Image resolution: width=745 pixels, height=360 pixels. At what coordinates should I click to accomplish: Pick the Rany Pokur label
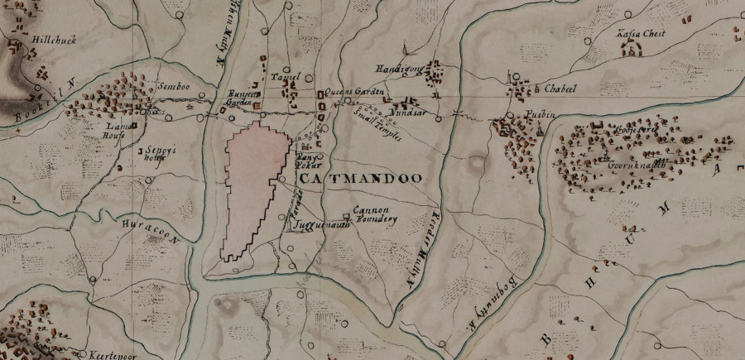[307, 160]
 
